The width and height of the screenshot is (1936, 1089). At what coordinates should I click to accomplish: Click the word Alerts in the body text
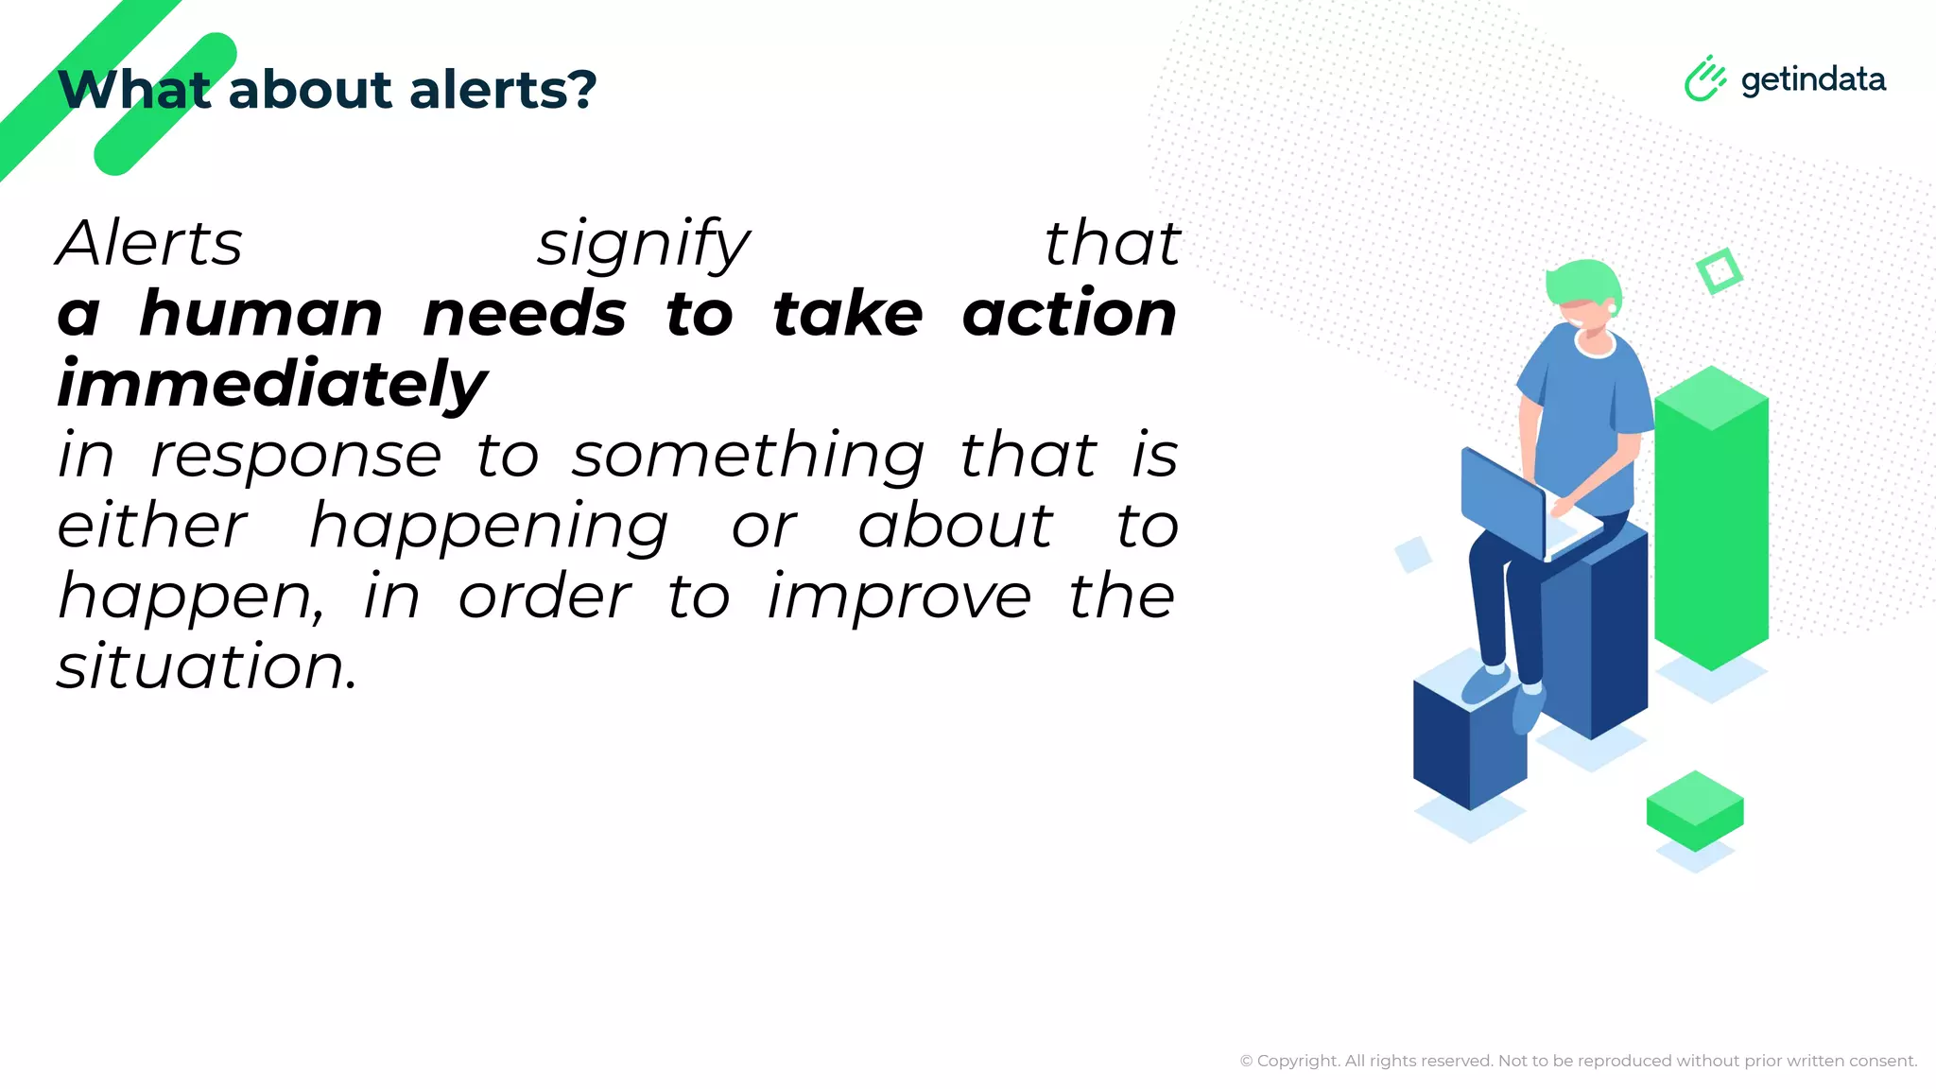pyautogui.click(x=149, y=244)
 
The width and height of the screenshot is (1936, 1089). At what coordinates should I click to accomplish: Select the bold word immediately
pyautogui.click(x=272, y=386)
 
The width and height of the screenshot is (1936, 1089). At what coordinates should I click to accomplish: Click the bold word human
pyautogui.click(x=261, y=314)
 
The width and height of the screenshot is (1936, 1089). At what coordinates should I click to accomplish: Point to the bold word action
pyautogui.click(x=1069, y=314)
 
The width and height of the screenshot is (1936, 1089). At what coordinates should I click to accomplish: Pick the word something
pyautogui.click(x=748, y=458)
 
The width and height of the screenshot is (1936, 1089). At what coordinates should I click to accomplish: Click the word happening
pyautogui.click(x=489, y=527)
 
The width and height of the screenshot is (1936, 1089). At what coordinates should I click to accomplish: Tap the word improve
pyautogui.click(x=899, y=597)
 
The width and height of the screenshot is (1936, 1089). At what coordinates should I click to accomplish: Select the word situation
pyautogui.click(x=206, y=667)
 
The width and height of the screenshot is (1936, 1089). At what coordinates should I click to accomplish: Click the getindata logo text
pyautogui.click(x=1812, y=79)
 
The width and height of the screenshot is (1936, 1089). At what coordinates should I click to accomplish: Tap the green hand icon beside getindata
pyautogui.click(x=1704, y=78)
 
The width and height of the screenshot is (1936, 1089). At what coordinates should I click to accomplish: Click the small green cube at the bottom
pyautogui.click(x=1694, y=811)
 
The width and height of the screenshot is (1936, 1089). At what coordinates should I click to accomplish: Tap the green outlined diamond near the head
pyautogui.click(x=1719, y=271)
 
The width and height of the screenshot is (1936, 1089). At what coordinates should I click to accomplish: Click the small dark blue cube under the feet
pyautogui.click(x=1468, y=742)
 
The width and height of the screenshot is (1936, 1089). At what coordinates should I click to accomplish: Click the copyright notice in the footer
pyautogui.click(x=1578, y=1061)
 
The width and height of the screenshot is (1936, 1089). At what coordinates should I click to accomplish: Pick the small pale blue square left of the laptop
pyautogui.click(x=1413, y=554)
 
